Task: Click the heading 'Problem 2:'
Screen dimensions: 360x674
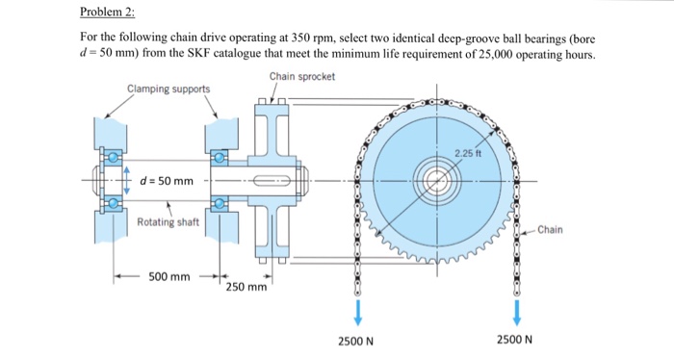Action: click(108, 14)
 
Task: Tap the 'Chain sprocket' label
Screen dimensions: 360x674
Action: click(301, 76)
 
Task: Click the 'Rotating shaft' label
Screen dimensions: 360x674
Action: click(168, 222)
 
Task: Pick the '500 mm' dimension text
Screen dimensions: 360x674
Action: click(168, 277)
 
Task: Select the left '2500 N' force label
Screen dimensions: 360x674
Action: click(357, 340)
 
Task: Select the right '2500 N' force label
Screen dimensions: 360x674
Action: click(517, 340)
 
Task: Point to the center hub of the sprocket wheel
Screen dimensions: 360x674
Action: click(438, 180)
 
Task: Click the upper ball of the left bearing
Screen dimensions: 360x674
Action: click(112, 157)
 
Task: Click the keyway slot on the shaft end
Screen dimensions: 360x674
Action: click(275, 180)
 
